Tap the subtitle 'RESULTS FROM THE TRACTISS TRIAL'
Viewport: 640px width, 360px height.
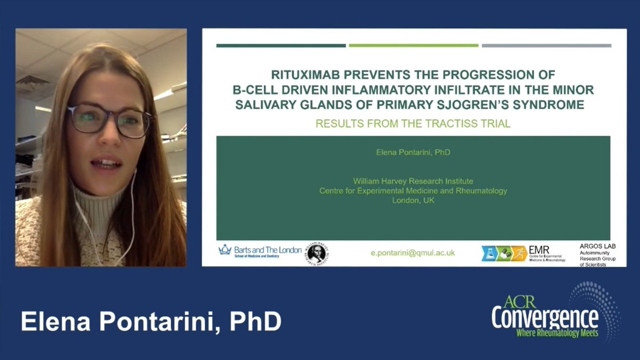413,124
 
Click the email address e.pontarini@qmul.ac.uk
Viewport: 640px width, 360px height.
413,253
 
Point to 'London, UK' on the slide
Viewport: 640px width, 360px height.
413,201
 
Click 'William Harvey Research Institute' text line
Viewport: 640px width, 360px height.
413,181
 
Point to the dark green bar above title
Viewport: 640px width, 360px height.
281,46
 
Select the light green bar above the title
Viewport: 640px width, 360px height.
413,46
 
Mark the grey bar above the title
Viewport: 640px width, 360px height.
546,46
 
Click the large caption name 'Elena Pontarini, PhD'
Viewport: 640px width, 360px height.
151,323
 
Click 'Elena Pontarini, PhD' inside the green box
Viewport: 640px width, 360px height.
413,153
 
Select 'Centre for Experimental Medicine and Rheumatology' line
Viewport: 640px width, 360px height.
413,191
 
